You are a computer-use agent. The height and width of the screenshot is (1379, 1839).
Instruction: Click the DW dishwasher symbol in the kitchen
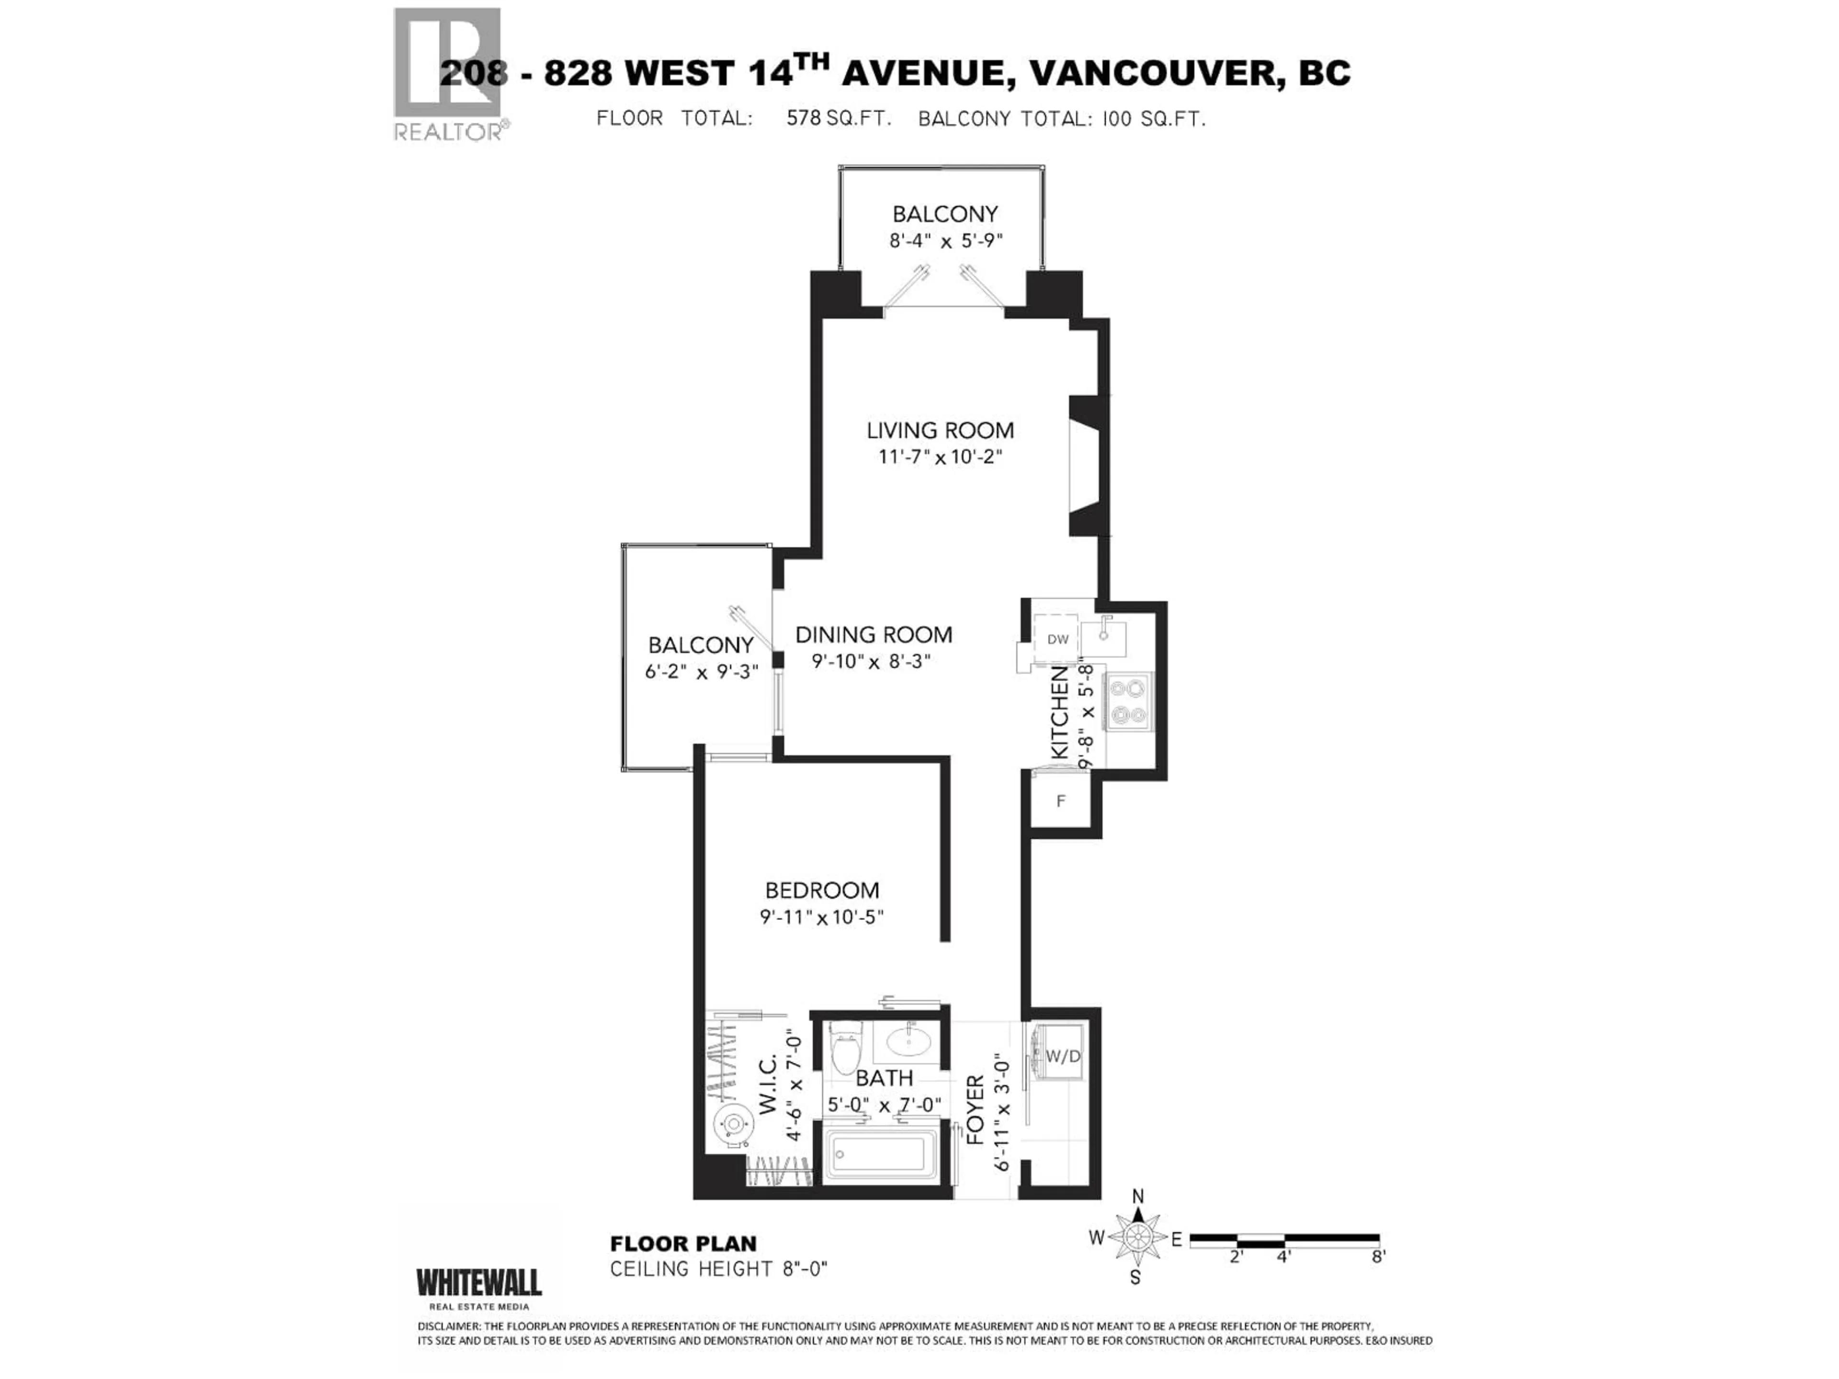click(1056, 639)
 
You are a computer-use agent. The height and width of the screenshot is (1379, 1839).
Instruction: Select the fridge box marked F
click(1060, 801)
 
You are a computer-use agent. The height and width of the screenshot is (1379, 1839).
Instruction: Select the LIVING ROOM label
click(940, 430)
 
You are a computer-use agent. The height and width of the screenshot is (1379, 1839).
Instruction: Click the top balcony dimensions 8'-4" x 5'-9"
click(945, 241)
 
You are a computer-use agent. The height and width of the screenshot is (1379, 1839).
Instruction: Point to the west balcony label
click(700, 645)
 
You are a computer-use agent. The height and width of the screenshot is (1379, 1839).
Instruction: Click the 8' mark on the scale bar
click(1378, 1257)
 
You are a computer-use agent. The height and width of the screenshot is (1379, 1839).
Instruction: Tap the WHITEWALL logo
click(479, 1283)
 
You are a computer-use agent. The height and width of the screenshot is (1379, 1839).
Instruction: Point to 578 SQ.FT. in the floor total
click(839, 118)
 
